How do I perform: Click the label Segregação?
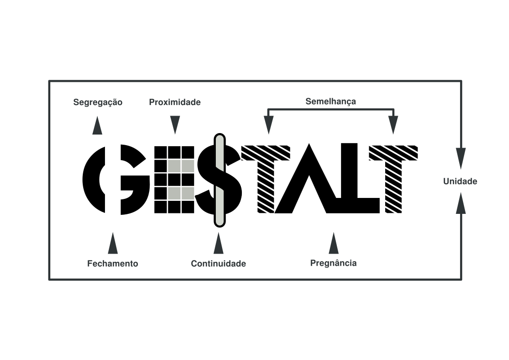(x=98, y=103)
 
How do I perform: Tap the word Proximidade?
(x=175, y=102)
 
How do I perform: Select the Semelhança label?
(x=330, y=102)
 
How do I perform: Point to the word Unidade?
(x=460, y=181)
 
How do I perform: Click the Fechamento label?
(x=113, y=264)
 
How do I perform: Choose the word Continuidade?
(x=218, y=264)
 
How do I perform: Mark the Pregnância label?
(x=333, y=263)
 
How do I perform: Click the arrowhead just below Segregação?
(x=97, y=125)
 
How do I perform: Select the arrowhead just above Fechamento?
(x=113, y=243)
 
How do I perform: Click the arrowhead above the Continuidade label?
(x=219, y=243)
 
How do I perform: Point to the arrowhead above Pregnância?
(x=333, y=243)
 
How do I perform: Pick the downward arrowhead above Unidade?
(x=461, y=158)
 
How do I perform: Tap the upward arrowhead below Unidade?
(x=461, y=203)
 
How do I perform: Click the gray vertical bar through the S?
(x=220, y=180)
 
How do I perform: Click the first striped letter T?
(x=266, y=179)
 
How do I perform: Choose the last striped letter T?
(x=393, y=179)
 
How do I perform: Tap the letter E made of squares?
(x=174, y=180)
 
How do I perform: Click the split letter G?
(x=116, y=180)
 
